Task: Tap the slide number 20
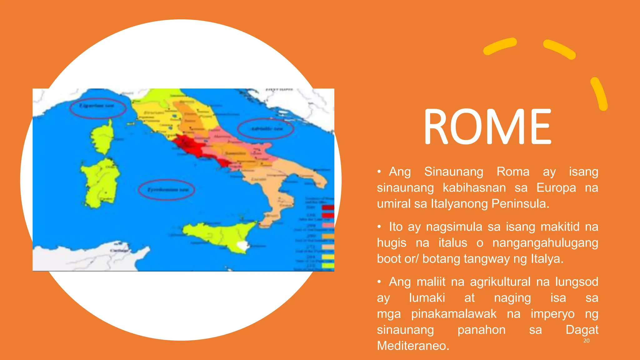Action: coord(586,341)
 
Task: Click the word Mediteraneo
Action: coord(413,346)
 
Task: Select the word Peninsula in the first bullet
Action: coord(520,204)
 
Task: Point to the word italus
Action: coord(452,243)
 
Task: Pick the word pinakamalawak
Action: coord(453,314)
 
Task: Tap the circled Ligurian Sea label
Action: coord(97,106)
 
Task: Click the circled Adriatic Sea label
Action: coord(265,129)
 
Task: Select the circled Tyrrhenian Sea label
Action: coord(166,190)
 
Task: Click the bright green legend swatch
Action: coord(328,266)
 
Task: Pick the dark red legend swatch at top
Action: coord(328,207)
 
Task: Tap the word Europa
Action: coord(556,188)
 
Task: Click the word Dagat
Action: coord(582,330)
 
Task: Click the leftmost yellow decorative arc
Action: coord(499,46)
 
